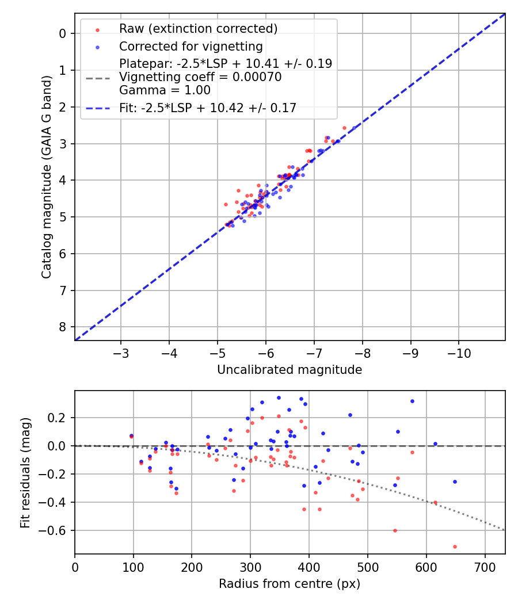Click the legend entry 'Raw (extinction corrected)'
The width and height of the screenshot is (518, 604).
click(x=198, y=29)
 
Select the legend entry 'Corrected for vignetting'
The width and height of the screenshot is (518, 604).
click(x=191, y=47)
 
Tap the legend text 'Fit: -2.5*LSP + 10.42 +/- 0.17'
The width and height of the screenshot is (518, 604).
click(x=208, y=108)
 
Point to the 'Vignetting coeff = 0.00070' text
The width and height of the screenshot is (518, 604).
click(x=200, y=77)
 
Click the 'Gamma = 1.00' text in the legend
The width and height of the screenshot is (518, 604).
click(x=165, y=90)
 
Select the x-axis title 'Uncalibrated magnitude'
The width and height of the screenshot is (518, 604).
click(x=290, y=370)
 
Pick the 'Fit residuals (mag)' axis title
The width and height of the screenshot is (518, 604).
click(x=25, y=472)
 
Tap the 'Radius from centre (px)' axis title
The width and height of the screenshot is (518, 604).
click(x=290, y=584)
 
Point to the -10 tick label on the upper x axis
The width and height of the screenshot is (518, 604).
click(x=458, y=351)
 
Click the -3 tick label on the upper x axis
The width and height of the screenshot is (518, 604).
click(x=121, y=351)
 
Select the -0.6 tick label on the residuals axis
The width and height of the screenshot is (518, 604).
click(x=58, y=530)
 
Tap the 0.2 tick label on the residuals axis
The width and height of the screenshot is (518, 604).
click(x=60, y=418)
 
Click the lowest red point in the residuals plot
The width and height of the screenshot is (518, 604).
click(x=455, y=546)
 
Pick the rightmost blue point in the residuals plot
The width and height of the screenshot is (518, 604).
click(x=455, y=481)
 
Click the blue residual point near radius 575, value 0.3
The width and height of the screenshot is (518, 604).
click(x=412, y=401)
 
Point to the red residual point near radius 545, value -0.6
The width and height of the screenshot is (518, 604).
click(x=395, y=530)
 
